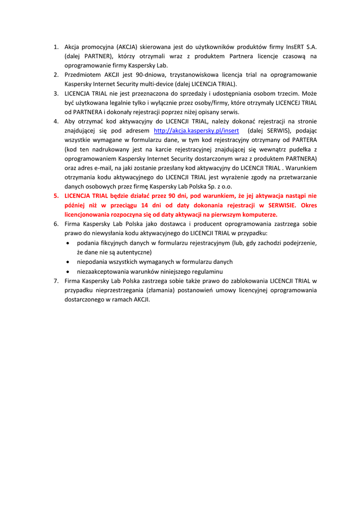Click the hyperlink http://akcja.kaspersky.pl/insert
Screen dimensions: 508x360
[x=196, y=130]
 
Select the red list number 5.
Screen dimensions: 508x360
[x=56, y=196]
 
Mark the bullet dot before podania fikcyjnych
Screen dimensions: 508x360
[x=68, y=243]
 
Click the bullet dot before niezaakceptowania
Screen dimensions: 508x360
[x=68, y=271]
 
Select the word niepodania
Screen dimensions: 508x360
[x=92, y=261]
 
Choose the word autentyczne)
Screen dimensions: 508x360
[x=131, y=252]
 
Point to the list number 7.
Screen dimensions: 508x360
[x=56, y=281]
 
